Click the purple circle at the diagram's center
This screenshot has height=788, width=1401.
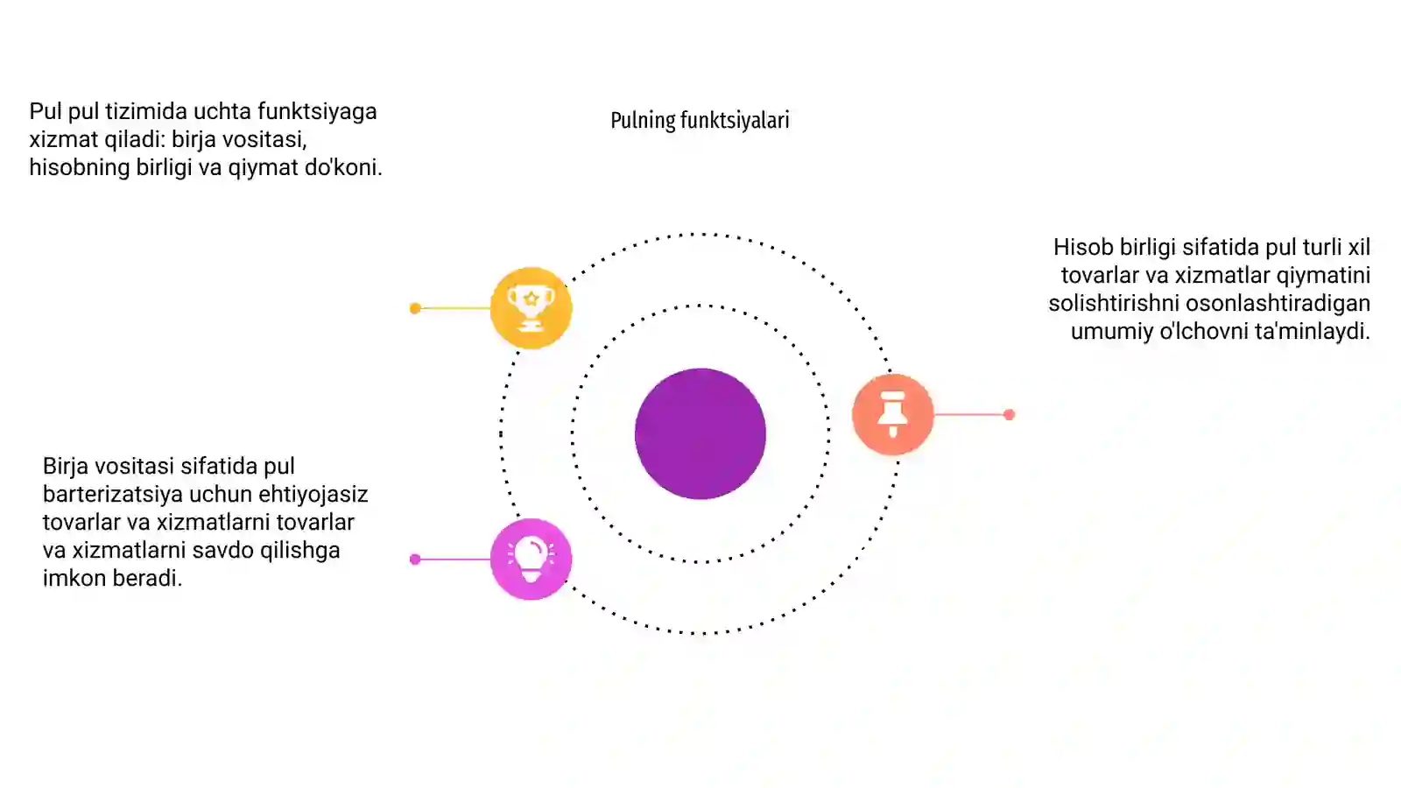click(700, 433)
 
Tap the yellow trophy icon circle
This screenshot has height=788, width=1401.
click(531, 307)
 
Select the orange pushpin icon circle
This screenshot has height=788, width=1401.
click(892, 414)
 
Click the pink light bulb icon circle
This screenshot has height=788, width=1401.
click(531, 559)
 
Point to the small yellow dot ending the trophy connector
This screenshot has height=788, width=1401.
click(415, 307)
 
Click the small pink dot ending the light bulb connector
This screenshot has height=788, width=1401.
click(415, 559)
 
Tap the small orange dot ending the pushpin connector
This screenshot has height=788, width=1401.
click(1009, 414)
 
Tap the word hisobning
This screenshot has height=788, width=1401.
click(80, 167)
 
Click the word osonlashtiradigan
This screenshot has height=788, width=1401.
click(1278, 303)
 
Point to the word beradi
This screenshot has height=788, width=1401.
click(147, 579)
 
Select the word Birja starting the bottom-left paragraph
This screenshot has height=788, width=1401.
click(65, 467)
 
